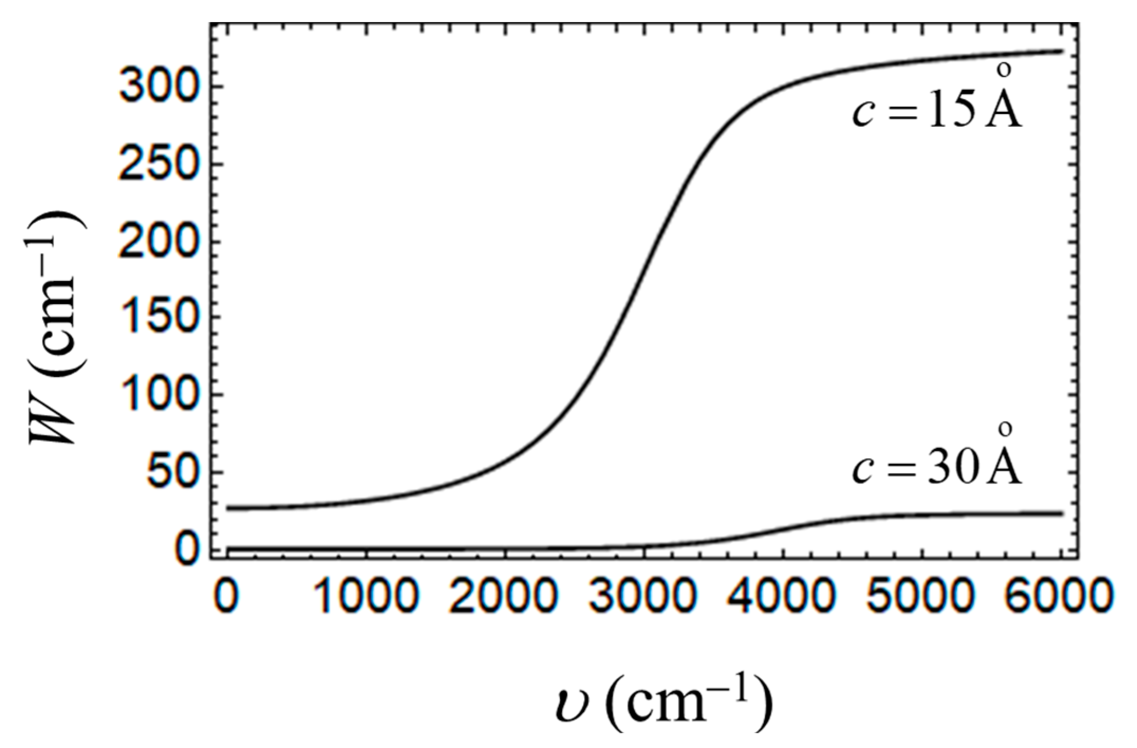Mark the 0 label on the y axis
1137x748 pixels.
(x=185, y=550)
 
